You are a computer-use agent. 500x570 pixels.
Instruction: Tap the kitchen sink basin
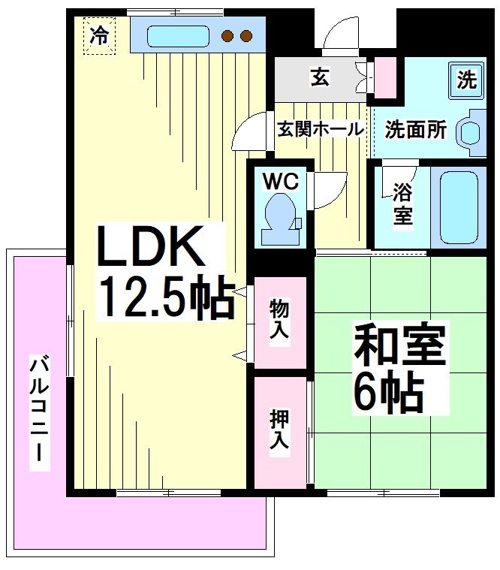pos(177,36)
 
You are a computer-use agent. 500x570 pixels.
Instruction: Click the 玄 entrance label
pos(318,76)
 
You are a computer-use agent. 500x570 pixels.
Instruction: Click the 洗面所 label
pos(416,130)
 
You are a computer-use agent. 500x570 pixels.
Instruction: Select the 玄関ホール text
pos(321,128)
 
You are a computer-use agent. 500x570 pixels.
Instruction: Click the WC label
pos(280,181)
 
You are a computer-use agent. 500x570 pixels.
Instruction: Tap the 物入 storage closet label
pos(280,320)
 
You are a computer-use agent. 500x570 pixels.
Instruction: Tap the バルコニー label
pos(40,412)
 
